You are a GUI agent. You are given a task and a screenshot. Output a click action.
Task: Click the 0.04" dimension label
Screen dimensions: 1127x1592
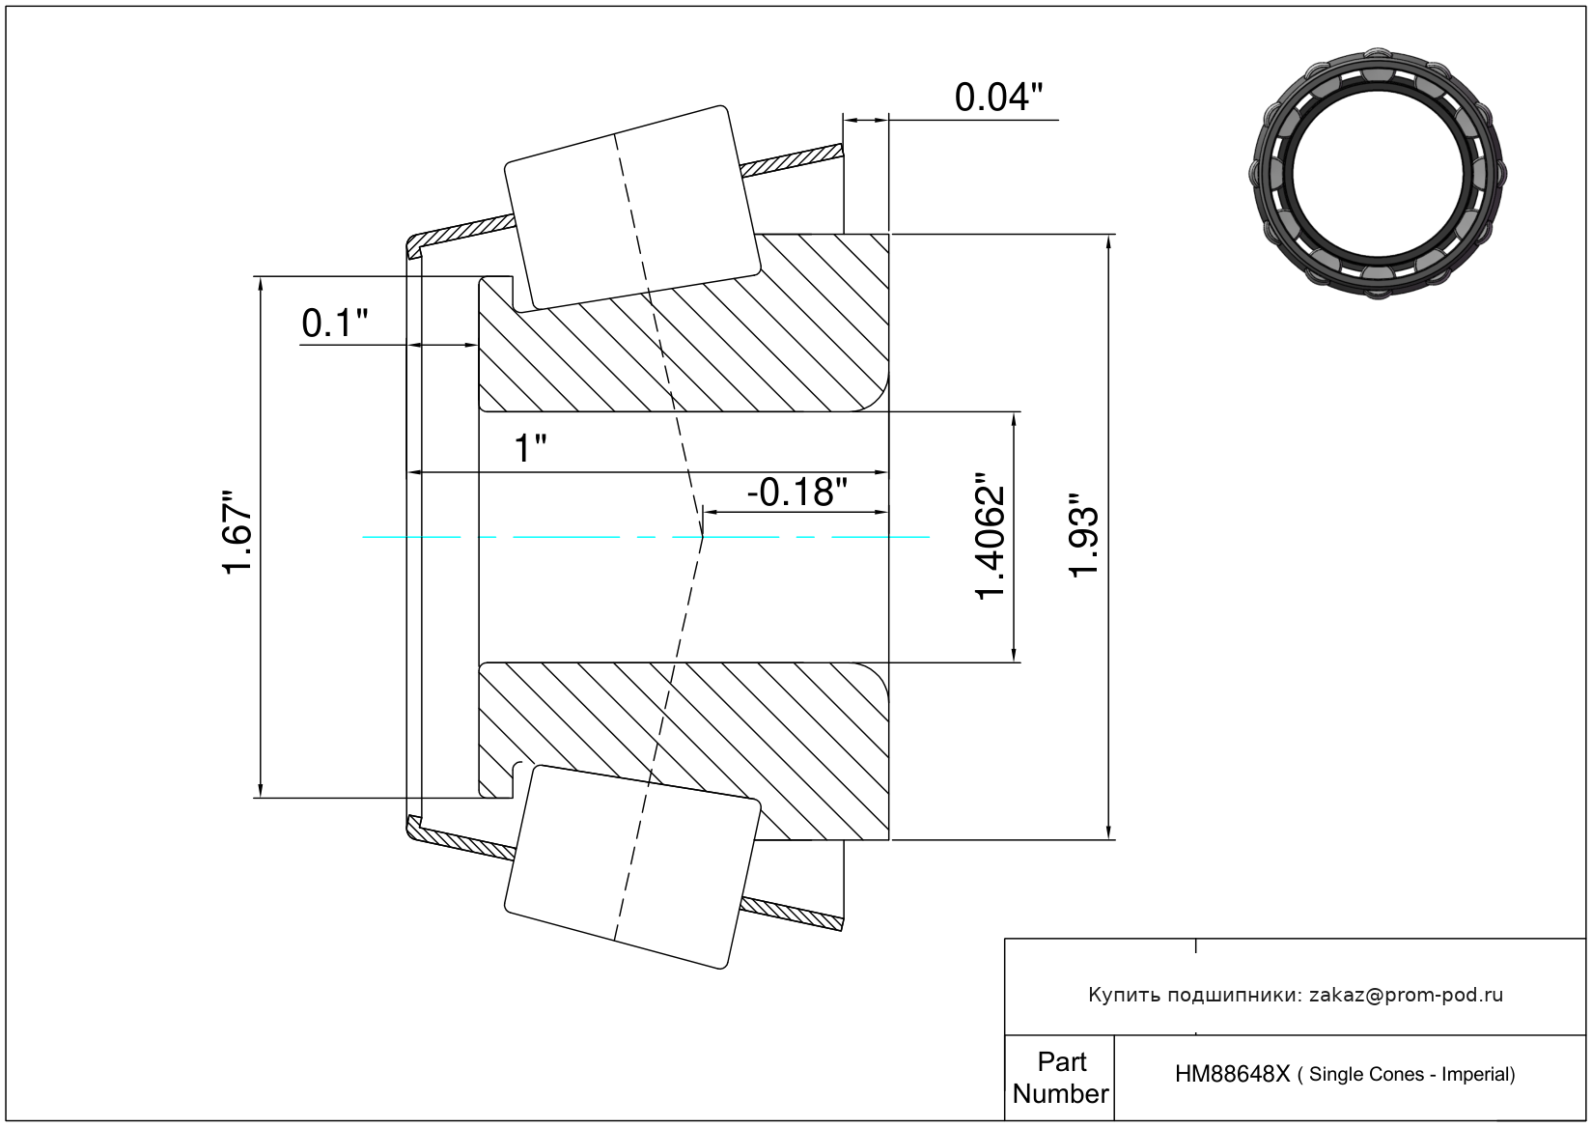coord(998,98)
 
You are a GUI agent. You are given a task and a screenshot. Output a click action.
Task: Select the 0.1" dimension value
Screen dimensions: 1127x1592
coord(334,323)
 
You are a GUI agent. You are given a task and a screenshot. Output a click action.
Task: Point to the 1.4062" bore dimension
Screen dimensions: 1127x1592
coord(991,537)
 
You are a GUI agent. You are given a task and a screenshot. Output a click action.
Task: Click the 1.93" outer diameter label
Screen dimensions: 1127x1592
coord(1084,537)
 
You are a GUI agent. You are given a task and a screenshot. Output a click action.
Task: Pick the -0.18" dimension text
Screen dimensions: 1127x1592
coord(796,492)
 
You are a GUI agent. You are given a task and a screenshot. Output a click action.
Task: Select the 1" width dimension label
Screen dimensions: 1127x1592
coord(530,448)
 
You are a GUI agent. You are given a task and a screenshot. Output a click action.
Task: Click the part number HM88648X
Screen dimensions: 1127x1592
coord(1231,1074)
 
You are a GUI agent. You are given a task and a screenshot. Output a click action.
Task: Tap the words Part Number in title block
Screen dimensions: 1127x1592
coord(1060,1078)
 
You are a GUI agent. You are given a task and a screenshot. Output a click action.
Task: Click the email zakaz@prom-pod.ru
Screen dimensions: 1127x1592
coord(1406,995)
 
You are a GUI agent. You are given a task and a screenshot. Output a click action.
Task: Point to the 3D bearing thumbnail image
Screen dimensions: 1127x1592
coord(1378,172)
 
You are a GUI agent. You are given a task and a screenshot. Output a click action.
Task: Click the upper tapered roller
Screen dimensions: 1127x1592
coord(632,207)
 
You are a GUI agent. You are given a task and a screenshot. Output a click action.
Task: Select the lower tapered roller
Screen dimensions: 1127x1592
coord(632,866)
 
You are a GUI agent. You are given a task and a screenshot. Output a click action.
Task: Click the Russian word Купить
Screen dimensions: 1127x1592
coord(1123,995)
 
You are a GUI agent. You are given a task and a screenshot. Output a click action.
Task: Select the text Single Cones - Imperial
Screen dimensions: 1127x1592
coord(1411,1074)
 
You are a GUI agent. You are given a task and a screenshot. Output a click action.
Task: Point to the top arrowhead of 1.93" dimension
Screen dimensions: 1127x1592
coord(1108,241)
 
